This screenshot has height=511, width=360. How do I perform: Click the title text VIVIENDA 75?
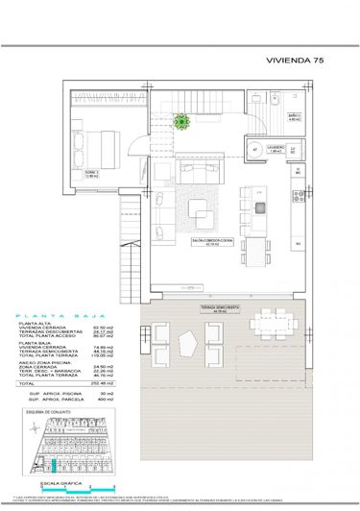pyautogui.click(x=298, y=60)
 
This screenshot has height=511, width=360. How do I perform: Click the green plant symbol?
pyautogui.click(x=180, y=121)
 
